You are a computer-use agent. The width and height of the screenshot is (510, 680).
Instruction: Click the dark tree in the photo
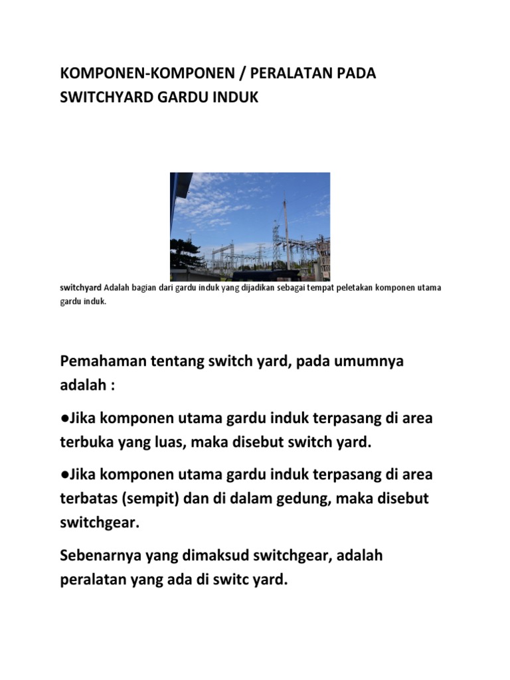(185, 255)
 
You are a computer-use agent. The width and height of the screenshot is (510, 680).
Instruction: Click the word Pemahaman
(102, 362)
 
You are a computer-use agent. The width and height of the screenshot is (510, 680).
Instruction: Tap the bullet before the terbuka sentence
(64, 419)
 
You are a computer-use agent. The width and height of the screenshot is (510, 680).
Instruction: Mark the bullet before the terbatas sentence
(64, 475)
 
